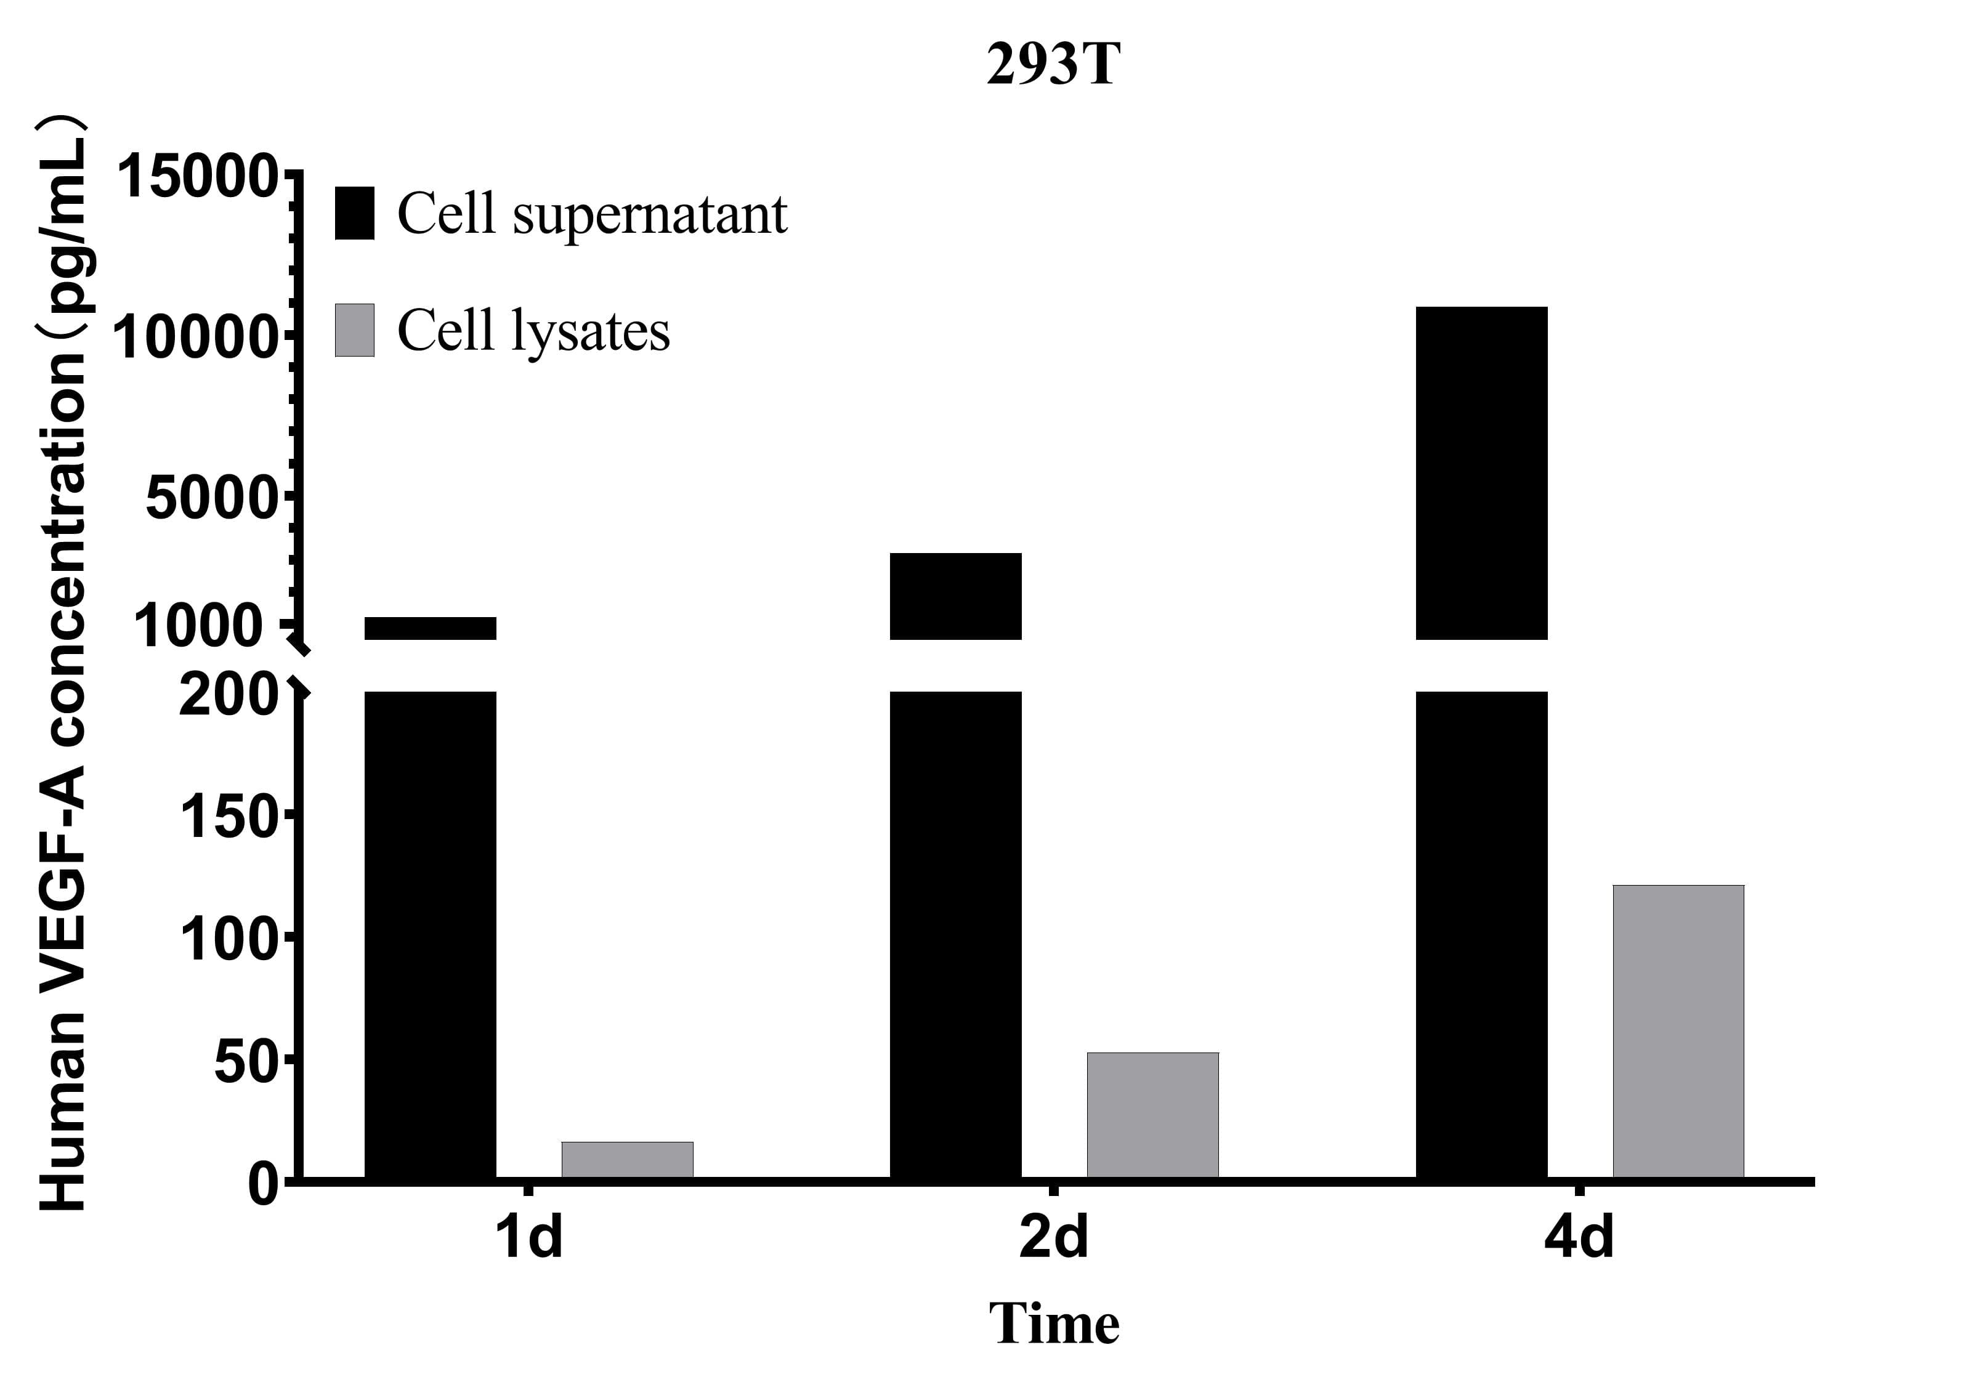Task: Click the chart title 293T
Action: [1053, 65]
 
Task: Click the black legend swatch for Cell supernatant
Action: [354, 213]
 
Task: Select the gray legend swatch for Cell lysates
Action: [354, 330]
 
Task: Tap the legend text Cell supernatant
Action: [591, 214]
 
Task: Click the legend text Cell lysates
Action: [533, 331]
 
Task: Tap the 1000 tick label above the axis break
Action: [197, 626]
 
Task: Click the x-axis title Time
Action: [1053, 1323]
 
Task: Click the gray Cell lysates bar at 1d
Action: [628, 1160]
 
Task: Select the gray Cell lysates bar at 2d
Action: [1152, 1115]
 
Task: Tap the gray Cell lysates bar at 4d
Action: [1678, 1030]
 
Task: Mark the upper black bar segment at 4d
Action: [1482, 472]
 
